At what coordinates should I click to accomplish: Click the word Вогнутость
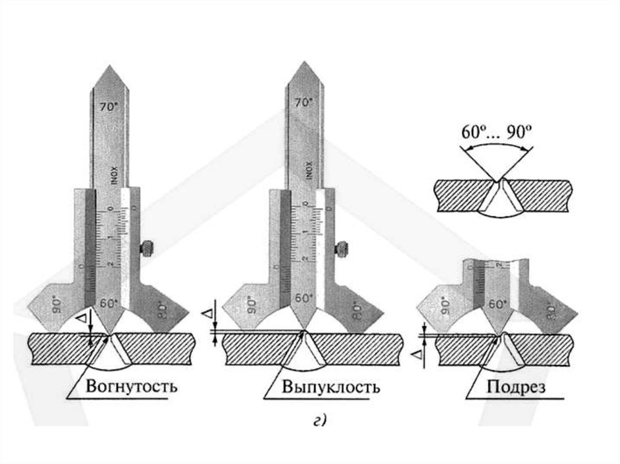132,385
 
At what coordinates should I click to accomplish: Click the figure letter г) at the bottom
320,421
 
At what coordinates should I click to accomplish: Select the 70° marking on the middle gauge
304,103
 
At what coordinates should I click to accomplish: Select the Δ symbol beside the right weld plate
424,357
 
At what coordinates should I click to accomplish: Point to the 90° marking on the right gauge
446,303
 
